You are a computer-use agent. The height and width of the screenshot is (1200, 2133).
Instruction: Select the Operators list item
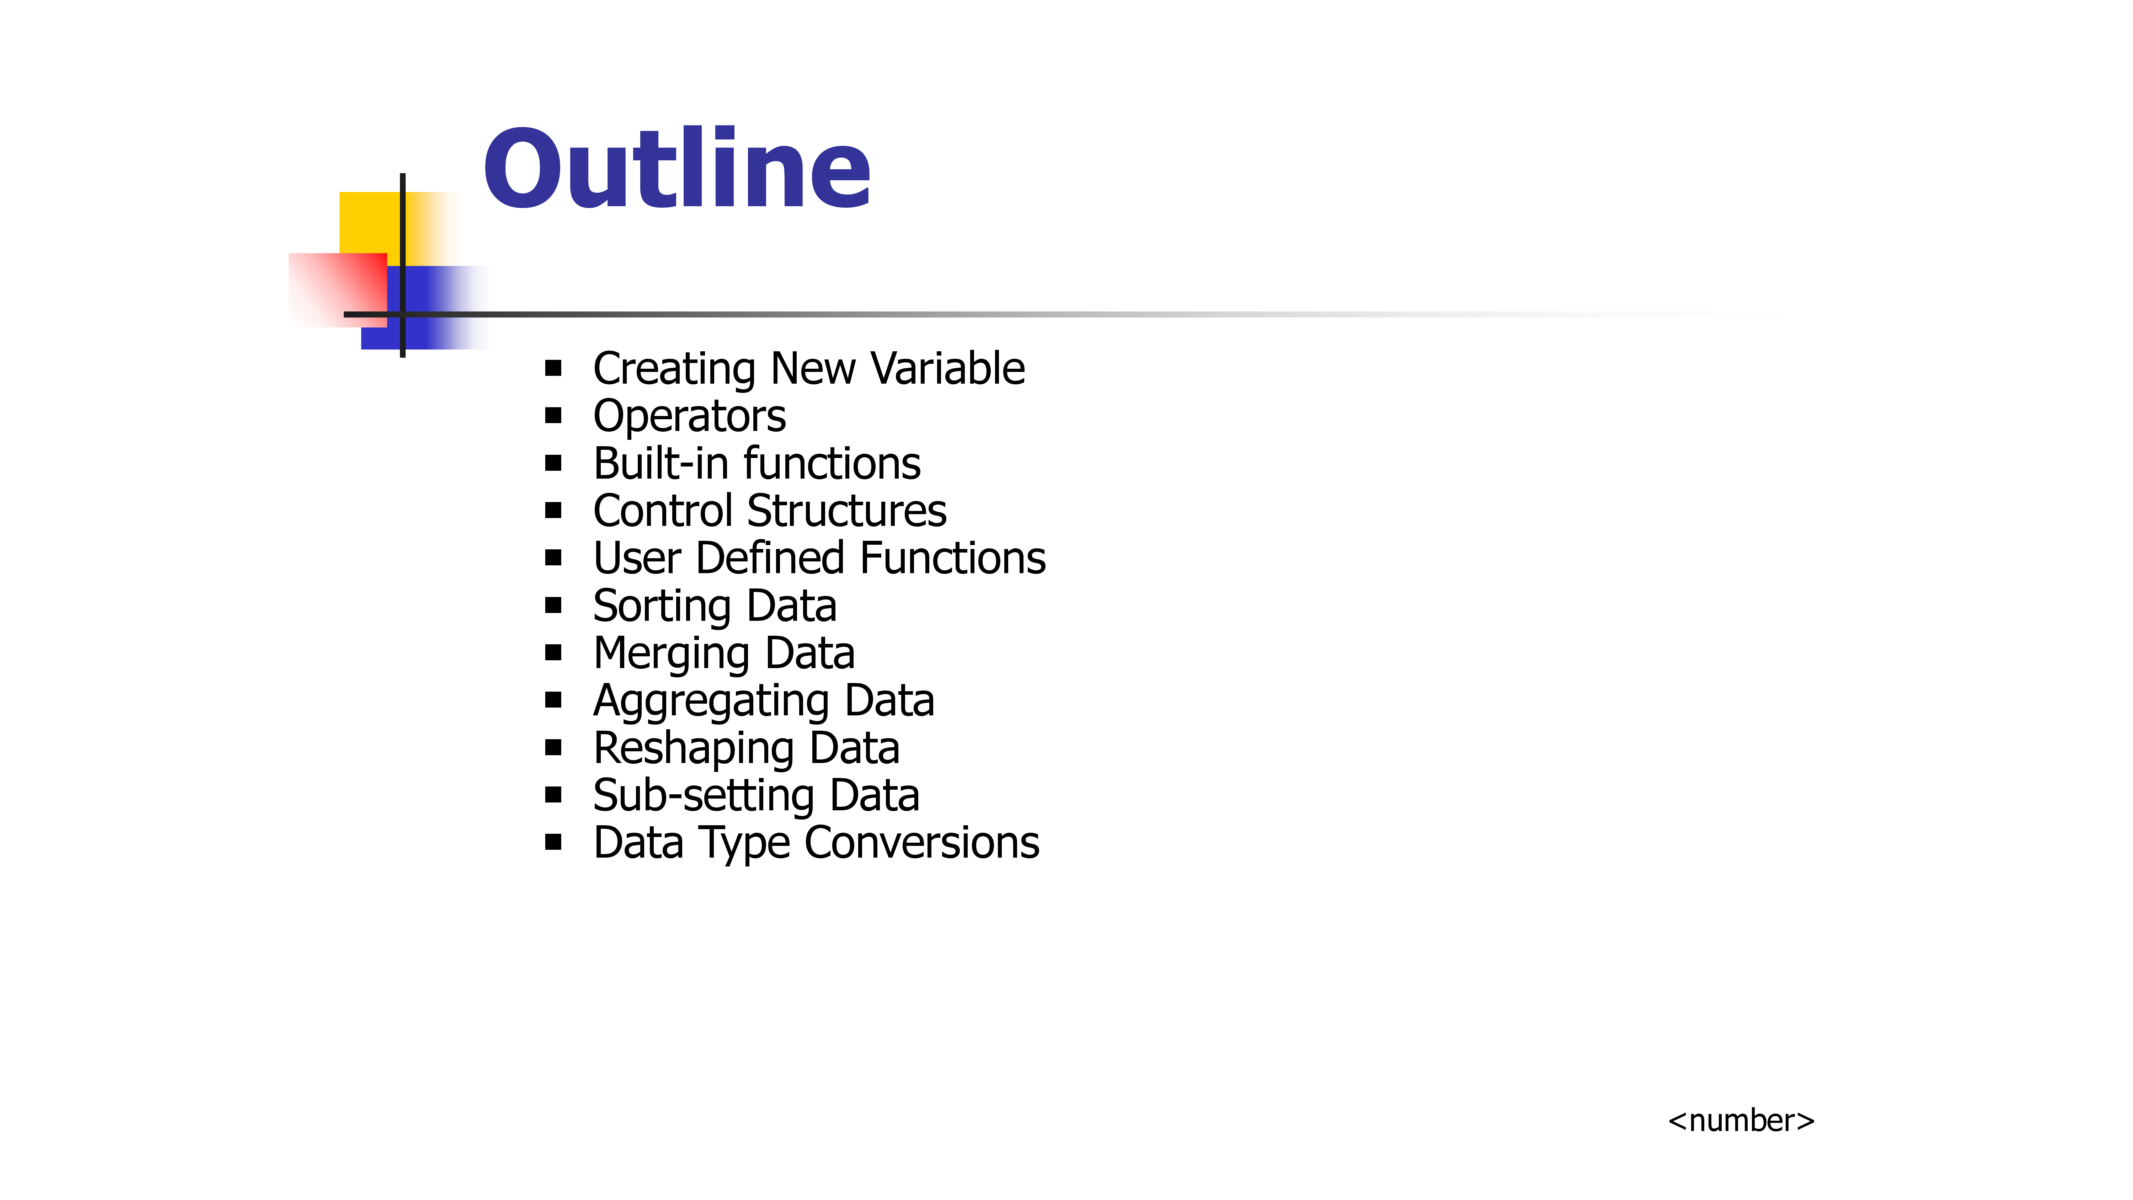point(689,417)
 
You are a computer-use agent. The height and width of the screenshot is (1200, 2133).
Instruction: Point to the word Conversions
point(921,843)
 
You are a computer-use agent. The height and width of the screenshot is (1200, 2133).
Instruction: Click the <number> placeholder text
point(1741,1120)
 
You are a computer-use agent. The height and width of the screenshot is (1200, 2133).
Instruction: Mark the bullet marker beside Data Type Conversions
point(553,842)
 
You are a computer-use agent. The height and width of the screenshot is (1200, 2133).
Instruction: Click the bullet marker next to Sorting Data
point(553,606)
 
